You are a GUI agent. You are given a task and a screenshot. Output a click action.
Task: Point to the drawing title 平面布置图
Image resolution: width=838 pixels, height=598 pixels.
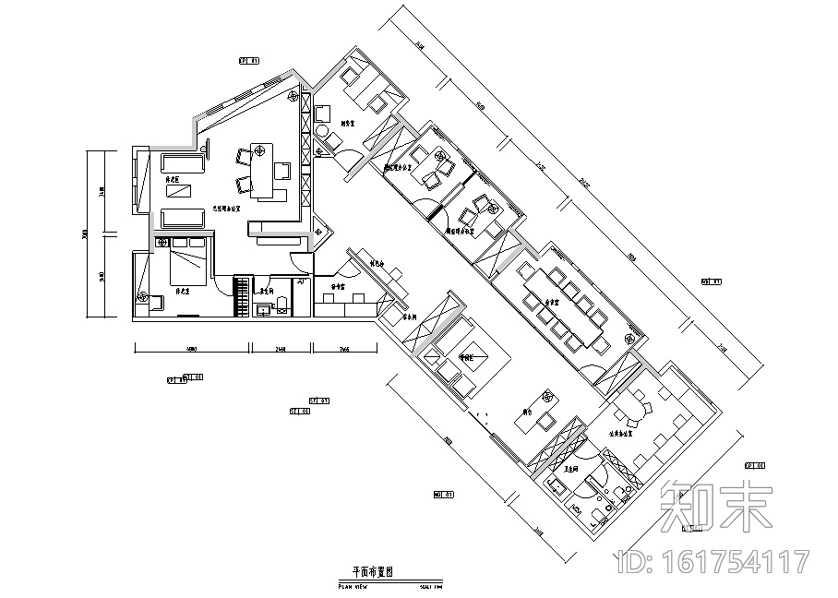[x=373, y=572]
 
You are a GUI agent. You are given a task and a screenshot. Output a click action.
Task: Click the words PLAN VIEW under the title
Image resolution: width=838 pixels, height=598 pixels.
[x=353, y=585]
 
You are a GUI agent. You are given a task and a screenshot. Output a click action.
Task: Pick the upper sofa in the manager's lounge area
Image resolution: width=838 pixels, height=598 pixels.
[x=183, y=165]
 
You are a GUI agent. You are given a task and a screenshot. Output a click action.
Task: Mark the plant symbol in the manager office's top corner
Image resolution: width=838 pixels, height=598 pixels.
[x=293, y=96]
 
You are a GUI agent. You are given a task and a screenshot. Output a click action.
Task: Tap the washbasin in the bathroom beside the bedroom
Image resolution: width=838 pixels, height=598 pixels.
[x=264, y=306]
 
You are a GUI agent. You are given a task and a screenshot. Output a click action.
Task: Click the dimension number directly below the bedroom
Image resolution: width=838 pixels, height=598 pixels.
[x=190, y=349]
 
